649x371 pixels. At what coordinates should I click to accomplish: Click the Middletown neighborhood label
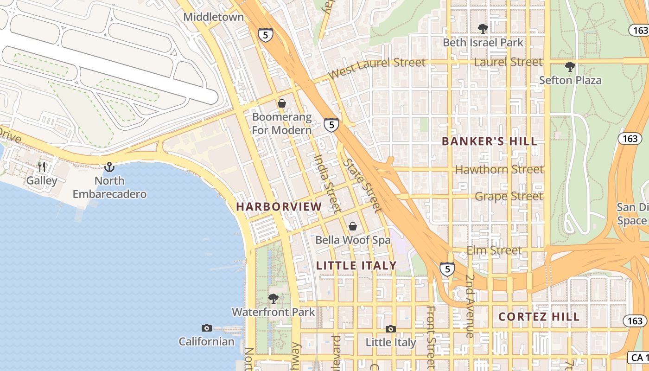[x=213, y=17]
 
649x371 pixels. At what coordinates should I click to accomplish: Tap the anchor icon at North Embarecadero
[x=109, y=167]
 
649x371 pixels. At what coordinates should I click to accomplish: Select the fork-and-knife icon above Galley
[x=42, y=167]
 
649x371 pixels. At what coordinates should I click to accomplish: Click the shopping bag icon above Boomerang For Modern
[x=282, y=103]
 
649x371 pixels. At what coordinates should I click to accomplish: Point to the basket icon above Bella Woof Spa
[x=353, y=226]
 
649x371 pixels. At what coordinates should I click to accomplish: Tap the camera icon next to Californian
[x=207, y=328]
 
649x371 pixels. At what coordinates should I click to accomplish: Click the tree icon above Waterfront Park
[x=274, y=298]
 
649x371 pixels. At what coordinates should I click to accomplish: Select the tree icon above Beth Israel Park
[x=483, y=29]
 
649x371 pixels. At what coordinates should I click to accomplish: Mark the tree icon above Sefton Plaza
[x=570, y=66]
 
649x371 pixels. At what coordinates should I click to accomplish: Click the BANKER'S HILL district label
[x=490, y=141]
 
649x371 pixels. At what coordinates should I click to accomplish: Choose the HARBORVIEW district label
[x=279, y=207]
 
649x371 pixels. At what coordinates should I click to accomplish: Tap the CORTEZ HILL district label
[x=539, y=317]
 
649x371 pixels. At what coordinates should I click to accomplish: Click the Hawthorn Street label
[x=499, y=170]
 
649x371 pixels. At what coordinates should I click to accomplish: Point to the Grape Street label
[x=509, y=197]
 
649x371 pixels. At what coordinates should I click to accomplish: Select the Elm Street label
[x=494, y=250]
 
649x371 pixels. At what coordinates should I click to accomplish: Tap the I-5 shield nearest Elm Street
[x=447, y=269]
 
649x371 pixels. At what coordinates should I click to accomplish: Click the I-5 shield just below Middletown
[x=266, y=35]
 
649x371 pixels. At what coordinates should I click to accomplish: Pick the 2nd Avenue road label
[x=470, y=306]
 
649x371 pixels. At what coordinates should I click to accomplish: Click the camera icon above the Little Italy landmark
[x=391, y=329]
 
